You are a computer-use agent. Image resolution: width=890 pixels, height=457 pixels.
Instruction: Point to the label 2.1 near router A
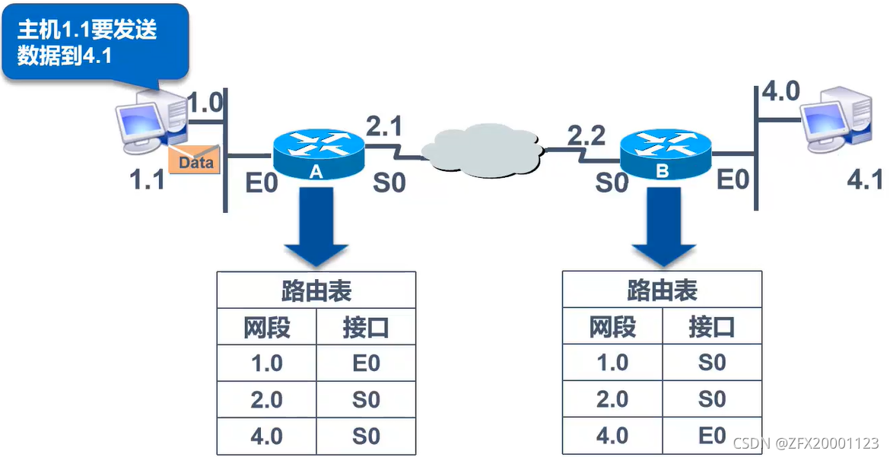384,126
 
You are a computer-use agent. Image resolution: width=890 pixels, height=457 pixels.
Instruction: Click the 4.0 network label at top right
780,92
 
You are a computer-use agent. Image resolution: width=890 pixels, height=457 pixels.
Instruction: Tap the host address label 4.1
866,180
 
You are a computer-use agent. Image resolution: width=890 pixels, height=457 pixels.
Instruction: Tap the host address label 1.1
147,181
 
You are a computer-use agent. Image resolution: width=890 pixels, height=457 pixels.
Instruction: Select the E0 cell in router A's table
366,363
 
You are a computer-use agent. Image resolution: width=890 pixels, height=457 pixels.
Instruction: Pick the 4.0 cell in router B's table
612,436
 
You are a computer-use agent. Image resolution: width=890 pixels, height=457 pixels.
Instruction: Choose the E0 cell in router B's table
712,436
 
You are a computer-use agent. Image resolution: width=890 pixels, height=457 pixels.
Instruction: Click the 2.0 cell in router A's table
266,400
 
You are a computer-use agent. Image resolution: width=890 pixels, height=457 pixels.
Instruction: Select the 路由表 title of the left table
316,290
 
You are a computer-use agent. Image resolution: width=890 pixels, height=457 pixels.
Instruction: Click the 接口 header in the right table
712,327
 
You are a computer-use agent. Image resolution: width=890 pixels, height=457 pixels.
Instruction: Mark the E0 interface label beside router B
734,180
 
